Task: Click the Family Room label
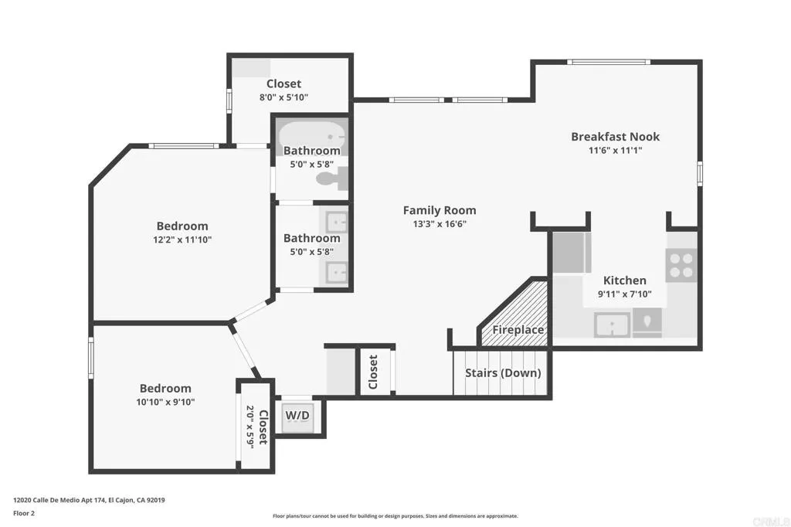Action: coord(440,210)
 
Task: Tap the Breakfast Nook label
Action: coord(615,137)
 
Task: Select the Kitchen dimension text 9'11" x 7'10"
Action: coord(624,294)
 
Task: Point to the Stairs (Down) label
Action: coord(502,373)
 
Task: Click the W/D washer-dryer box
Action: coord(297,416)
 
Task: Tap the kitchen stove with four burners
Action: coord(681,265)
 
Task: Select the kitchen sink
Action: coord(612,324)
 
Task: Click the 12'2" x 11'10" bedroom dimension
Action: coord(182,240)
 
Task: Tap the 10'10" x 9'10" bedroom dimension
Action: coord(165,402)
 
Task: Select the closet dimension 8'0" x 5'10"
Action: coord(283,97)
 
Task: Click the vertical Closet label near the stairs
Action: coord(374,372)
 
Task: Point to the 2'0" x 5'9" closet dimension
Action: coord(250,424)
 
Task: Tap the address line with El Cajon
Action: coord(89,500)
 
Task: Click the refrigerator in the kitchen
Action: coord(570,253)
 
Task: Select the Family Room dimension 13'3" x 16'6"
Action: coord(440,224)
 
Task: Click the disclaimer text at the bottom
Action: coord(395,516)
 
